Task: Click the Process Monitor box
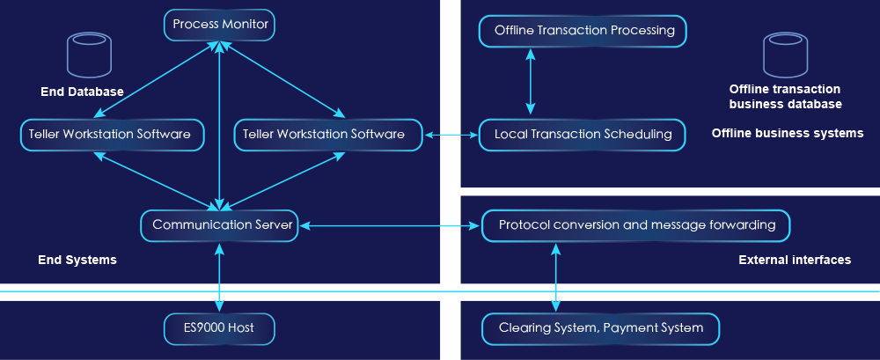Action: click(x=220, y=25)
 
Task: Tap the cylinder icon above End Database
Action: click(x=89, y=55)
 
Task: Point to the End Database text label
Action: click(x=82, y=92)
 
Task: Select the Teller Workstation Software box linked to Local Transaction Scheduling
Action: click(x=323, y=135)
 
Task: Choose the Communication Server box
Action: click(x=219, y=225)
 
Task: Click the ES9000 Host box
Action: click(x=220, y=328)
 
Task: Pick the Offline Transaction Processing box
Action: click(x=583, y=31)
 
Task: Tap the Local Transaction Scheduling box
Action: click(x=583, y=135)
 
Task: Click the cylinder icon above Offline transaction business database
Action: click(x=785, y=55)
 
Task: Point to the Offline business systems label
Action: click(x=787, y=134)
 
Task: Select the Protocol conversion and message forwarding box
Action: click(x=636, y=225)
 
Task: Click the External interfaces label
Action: click(x=794, y=261)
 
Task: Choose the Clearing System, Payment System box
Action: click(x=600, y=328)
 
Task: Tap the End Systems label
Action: click(x=77, y=261)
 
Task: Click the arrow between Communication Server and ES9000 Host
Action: click(x=219, y=276)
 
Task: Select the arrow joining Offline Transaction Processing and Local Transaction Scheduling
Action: click(x=530, y=82)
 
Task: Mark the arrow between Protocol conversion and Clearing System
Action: click(x=555, y=276)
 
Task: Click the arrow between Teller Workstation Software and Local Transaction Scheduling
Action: click(x=451, y=135)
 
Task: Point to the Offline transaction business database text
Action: click(x=785, y=97)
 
